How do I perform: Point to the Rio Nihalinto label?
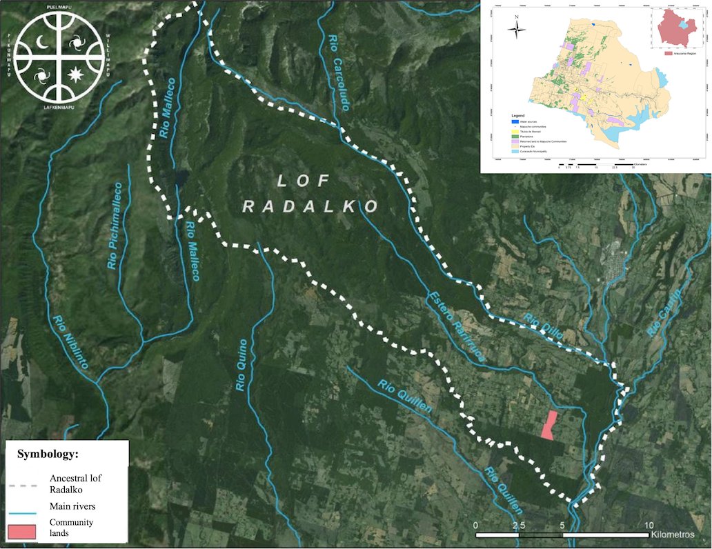pos(71,341)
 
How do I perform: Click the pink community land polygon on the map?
pos(548,425)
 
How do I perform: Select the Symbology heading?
pos(48,455)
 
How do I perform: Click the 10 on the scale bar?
pos(649,526)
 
